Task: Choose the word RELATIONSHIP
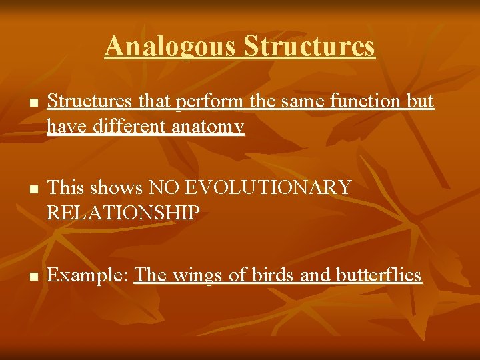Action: (x=123, y=213)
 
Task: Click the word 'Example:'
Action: (x=89, y=275)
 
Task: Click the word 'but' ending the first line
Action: (x=421, y=101)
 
